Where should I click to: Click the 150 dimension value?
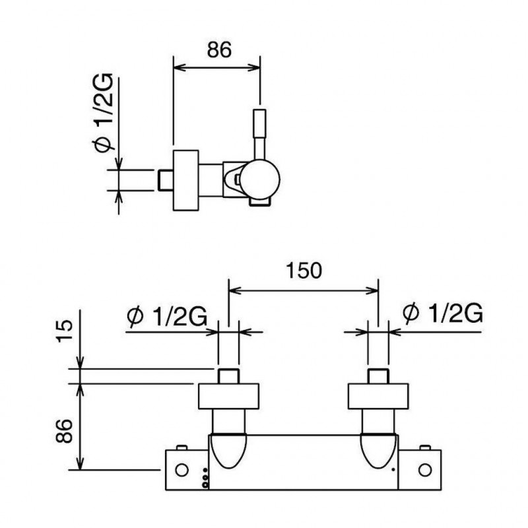click(x=304, y=271)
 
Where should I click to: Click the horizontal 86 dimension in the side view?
click(x=219, y=49)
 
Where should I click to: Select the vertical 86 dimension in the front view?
click(x=64, y=431)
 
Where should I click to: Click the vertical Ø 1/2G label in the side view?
click(x=103, y=112)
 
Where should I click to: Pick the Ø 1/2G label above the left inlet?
click(x=167, y=316)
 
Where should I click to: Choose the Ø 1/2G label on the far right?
click(x=442, y=313)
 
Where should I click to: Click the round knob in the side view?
click(x=260, y=179)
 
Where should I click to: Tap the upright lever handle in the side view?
click(x=259, y=134)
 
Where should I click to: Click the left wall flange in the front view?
click(x=228, y=396)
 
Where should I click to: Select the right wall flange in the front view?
click(x=378, y=396)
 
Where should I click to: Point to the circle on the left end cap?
click(x=182, y=470)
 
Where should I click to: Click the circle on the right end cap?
click(x=424, y=470)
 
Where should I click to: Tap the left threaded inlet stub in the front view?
click(x=228, y=376)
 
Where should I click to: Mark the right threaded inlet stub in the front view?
click(x=378, y=376)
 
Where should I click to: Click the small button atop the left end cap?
click(x=181, y=447)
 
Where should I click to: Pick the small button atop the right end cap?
click(x=425, y=447)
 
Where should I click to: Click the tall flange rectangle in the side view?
click(x=186, y=180)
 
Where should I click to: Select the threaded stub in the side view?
click(x=166, y=180)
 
